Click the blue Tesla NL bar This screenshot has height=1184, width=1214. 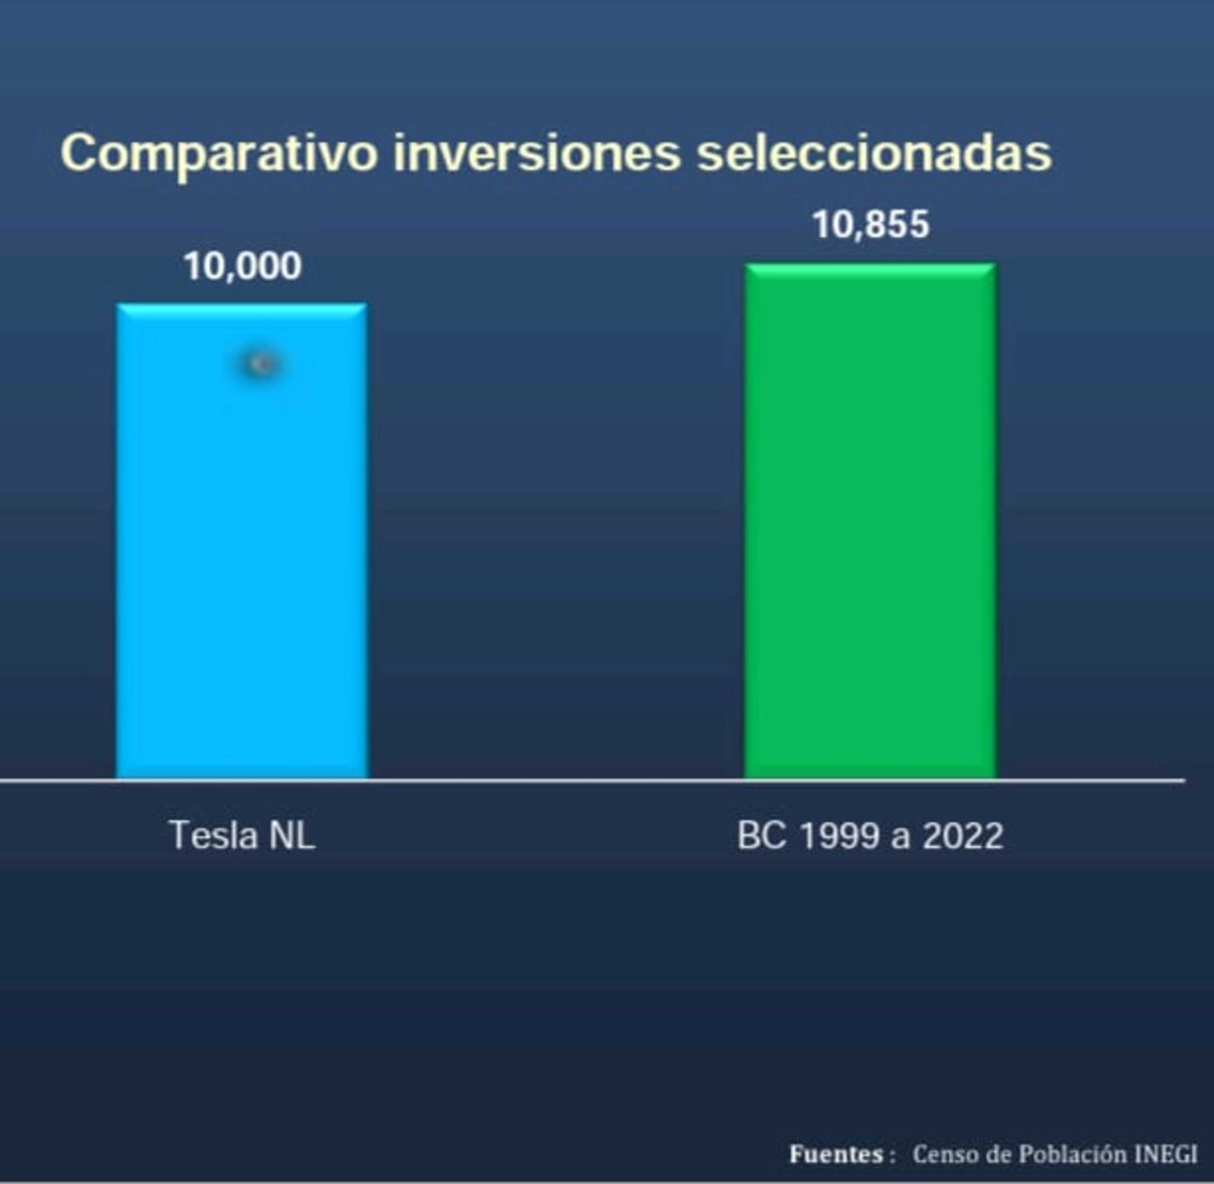coord(242,541)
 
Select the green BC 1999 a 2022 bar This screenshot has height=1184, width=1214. coord(870,521)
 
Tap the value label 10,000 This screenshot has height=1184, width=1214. coord(243,266)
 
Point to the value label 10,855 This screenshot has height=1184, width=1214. coord(871,225)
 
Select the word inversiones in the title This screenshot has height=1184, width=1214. coord(537,153)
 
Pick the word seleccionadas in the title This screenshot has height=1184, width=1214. coord(874,153)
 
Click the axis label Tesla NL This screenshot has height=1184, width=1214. coord(242,836)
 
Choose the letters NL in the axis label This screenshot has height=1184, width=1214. coord(292,836)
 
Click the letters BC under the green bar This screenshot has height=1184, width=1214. coord(762,836)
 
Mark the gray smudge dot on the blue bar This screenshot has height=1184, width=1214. coord(261,365)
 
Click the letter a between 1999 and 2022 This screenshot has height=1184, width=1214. coord(901,839)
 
